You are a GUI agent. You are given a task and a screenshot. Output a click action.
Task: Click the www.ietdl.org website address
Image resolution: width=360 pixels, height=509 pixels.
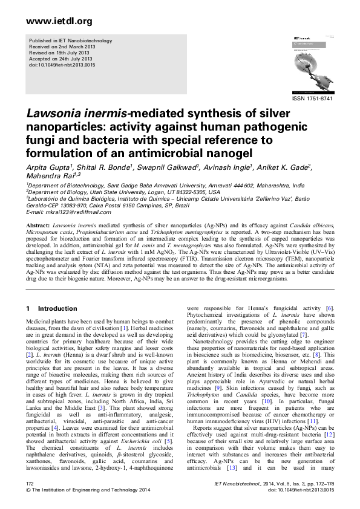[x=51, y=22]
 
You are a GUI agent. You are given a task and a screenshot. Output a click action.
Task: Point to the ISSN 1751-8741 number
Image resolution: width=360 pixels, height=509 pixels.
[x=312, y=98]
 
